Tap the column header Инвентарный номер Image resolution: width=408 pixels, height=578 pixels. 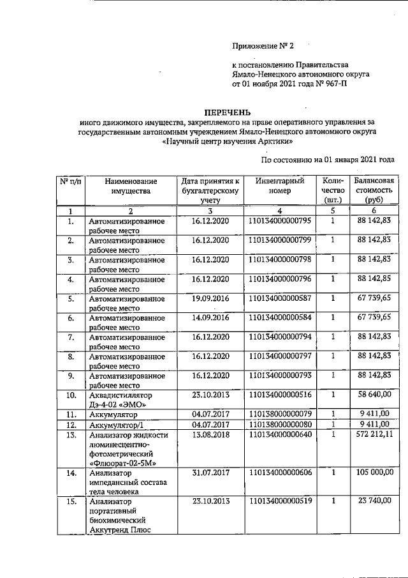coord(280,186)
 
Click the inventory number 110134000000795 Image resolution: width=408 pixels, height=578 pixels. coord(280,221)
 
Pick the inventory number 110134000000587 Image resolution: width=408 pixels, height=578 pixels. coord(280,298)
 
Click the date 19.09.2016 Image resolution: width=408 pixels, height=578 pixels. coord(210,298)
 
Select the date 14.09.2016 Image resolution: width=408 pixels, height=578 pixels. coord(210,317)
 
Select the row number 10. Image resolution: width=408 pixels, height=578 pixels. coord(71,396)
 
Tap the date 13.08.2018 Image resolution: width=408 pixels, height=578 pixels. coord(210,435)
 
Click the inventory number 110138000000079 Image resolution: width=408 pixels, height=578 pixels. coord(280,414)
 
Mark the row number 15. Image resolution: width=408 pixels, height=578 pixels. coord(71,502)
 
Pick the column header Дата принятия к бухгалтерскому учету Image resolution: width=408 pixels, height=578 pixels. coord(210,190)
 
